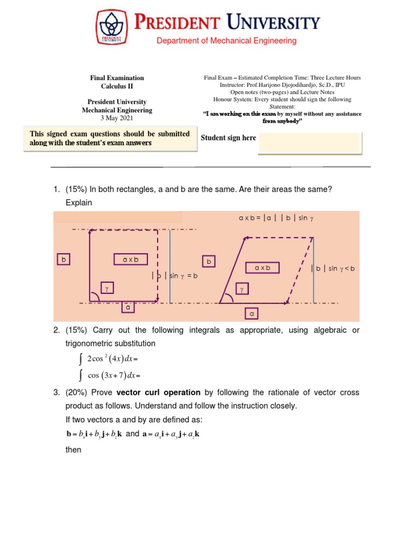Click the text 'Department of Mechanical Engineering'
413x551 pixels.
pos(226,41)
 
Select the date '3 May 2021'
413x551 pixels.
pos(117,118)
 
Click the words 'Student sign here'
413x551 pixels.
pos(228,138)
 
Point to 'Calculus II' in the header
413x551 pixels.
pos(117,86)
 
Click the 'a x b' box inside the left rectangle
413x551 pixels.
pos(131,260)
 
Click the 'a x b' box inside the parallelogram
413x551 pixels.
pos(262,267)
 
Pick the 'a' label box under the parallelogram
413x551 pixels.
pos(252,313)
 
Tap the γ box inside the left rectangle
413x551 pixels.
pos(107,289)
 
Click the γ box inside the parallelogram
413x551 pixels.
pos(242,289)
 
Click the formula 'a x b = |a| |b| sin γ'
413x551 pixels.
pos(276,218)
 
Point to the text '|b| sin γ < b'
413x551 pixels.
pos(332,268)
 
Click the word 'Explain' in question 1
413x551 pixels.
pos(79,203)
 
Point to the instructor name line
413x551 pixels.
pos(282,85)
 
